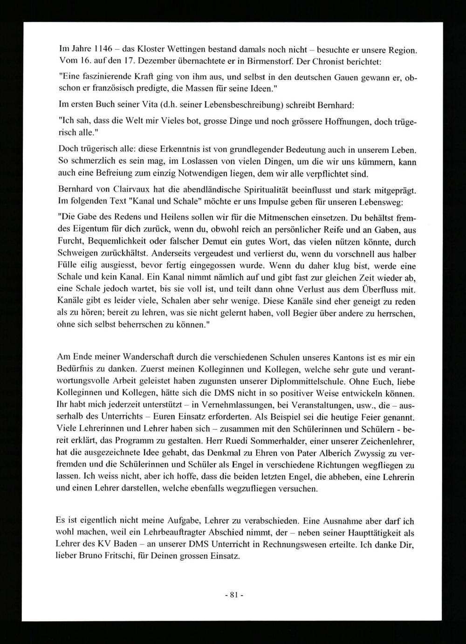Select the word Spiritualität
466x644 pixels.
click(263, 191)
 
